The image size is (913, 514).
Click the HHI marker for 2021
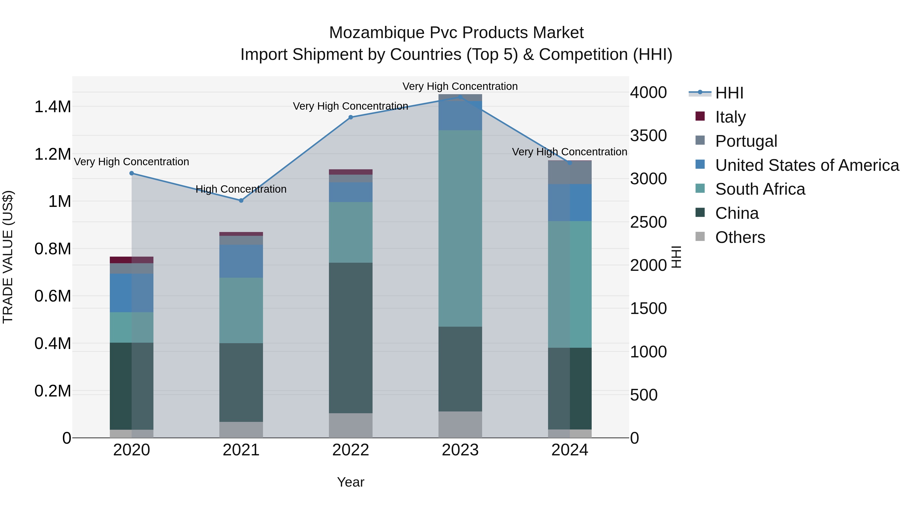(x=241, y=201)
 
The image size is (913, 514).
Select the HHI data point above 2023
(x=460, y=97)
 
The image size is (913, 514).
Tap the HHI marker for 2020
(x=131, y=173)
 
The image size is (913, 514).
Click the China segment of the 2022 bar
(x=350, y=337)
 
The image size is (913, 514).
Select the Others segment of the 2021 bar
(x=241, y=429)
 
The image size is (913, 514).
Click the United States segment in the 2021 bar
(x=241, y=261)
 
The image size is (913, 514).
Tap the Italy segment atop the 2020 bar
(x=131, y=260)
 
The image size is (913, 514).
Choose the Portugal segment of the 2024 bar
(x=570, y=172)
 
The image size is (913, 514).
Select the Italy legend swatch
(x=700, y=116)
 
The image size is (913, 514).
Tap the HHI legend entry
(x=729, y=93)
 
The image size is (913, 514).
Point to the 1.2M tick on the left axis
(x=52, y=154)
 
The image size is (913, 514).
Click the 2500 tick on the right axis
(x=648, y=222)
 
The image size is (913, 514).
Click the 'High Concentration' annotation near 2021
(x=241, y=189)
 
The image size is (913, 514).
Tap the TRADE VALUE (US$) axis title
(x=8, y=257)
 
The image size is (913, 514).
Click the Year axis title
(x=350, y=482)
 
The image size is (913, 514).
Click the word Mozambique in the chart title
(x=376, y=33)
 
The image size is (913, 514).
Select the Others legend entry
(x=740, y=237)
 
